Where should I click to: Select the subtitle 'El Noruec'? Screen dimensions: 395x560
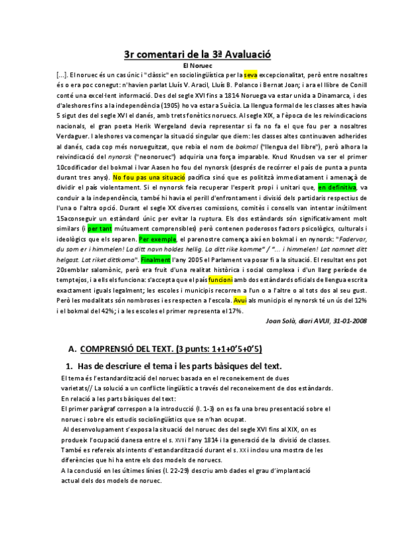[x=197, y=66]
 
